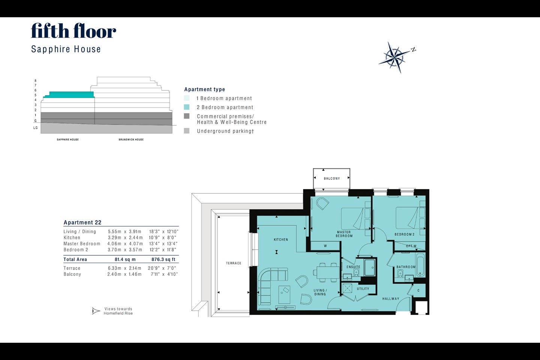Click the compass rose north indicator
[413, 49]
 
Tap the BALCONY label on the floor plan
[332, 178]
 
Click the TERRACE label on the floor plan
[234, 263]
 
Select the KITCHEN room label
[281, 239]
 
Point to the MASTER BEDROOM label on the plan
[344, 234]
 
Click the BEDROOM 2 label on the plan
[405, 234]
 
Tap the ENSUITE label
[353, 267]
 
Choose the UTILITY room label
[363, 289]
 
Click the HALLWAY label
[391, 298]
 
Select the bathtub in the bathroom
[420, 265]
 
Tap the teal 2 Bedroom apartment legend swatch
[187, 107]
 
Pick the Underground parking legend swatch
[187, 131]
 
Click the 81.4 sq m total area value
[125, 259]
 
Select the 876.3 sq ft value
[163, 259]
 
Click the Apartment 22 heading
[82, 222]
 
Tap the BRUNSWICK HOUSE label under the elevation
[131, 139]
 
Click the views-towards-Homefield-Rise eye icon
[96, 311]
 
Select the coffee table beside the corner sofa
[285, 294]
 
